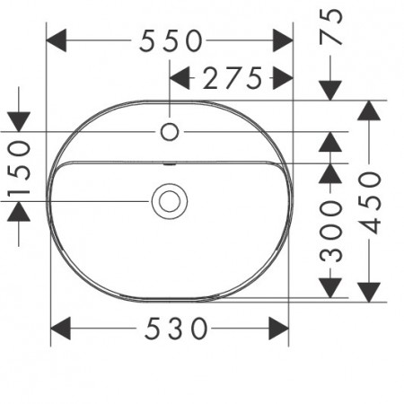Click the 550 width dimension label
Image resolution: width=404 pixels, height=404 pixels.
(171, 40)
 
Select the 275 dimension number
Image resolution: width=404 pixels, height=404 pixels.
(233, 78)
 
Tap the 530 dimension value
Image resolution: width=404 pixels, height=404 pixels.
(176, 329)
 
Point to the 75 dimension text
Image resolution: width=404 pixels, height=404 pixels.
(330, 26)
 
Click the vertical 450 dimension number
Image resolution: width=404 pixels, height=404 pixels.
(370, 203)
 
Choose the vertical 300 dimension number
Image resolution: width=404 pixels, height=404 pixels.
(330, 232)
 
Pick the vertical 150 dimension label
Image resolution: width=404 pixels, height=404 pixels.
(19, 169)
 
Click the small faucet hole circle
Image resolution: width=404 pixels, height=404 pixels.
(170, 132)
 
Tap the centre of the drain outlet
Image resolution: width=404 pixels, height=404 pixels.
(170, 201)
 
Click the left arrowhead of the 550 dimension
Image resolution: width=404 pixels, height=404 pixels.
(57, 40)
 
